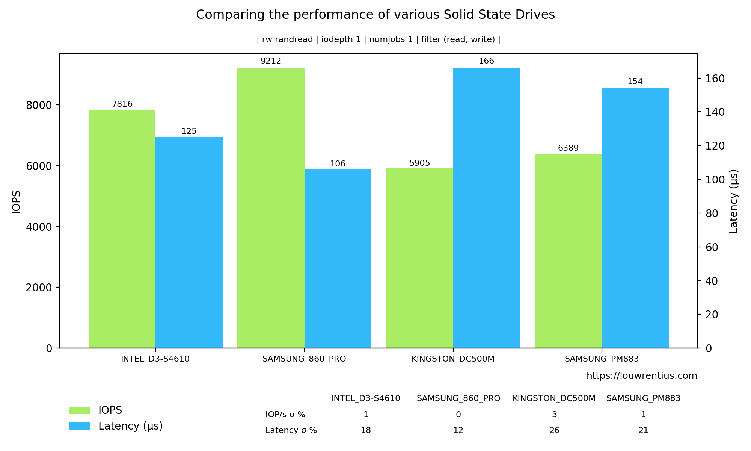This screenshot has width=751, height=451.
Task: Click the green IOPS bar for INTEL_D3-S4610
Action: (122, 229)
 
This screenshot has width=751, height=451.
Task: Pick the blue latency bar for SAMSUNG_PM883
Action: (635, 218)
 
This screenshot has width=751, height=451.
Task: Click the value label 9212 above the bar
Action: (271, 61)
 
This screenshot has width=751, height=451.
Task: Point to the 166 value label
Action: (486, 61)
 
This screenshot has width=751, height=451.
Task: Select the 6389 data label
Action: (568, 148)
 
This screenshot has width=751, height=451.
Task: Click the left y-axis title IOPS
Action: (16, 202)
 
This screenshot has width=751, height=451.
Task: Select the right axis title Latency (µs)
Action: (734, 201)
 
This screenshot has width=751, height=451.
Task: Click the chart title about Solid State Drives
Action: (375, 15)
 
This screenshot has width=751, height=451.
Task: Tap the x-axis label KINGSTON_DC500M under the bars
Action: (453, 359)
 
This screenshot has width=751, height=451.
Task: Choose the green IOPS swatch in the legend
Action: (79, 410)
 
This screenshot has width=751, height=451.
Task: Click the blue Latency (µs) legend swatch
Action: (79, 426)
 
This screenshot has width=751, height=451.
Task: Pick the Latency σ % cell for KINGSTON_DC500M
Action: (554, 430)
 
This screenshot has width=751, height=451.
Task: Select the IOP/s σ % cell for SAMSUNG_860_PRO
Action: (458, 415)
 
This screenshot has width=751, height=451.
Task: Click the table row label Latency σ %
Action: (291, 430)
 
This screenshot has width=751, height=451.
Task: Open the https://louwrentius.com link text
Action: (641, 376)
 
